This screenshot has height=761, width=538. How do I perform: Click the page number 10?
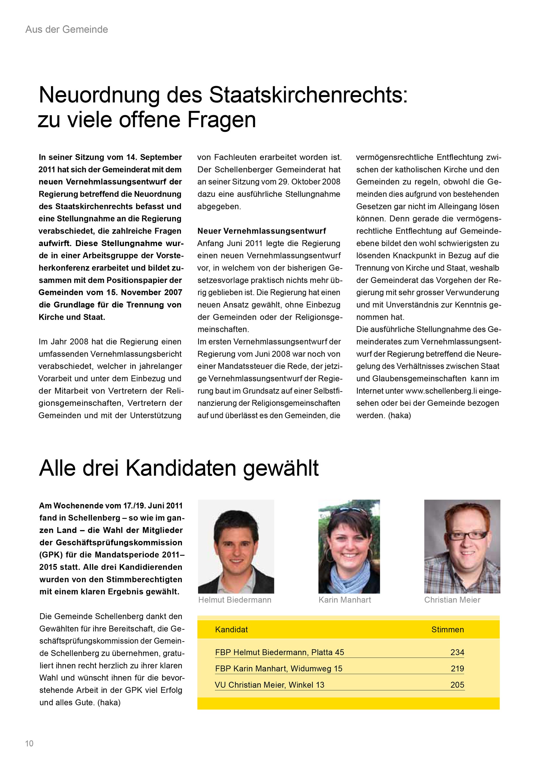pos(29,743)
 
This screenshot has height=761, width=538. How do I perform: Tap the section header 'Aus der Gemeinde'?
pos(67,29)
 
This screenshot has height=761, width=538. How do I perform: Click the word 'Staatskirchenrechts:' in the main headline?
pos(308,96)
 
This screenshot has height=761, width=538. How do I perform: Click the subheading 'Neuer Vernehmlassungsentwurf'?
pos(262,231)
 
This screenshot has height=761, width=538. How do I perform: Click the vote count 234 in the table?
pos(457,652)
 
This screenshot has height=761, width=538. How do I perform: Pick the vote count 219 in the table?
pos(457,669)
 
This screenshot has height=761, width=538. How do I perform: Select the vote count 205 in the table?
pos(457,685)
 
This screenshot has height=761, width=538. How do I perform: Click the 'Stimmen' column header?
pos(447,630)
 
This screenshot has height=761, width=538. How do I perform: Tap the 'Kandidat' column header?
pos(231,630)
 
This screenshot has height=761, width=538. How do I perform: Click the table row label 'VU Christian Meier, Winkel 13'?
pos(269,685)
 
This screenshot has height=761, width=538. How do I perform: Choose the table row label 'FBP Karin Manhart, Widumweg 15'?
pos(279,669)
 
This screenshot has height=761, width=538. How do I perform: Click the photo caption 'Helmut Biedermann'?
pos(235,600)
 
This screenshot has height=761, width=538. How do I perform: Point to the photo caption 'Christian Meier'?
pos(452,600)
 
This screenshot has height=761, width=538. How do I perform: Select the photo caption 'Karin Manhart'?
pos(345,600)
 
